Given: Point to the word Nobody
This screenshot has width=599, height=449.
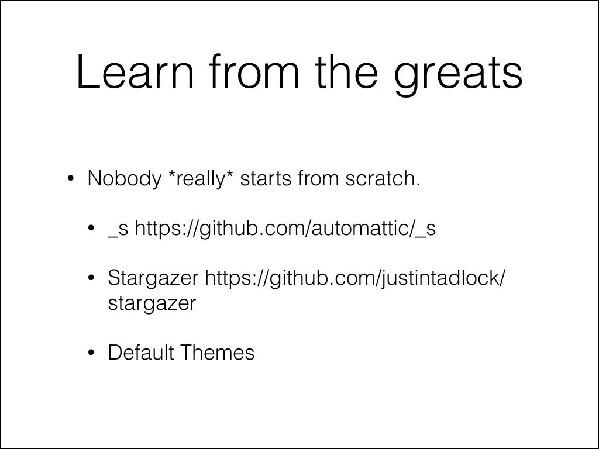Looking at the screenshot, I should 123,179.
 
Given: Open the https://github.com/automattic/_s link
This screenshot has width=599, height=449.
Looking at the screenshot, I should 285,229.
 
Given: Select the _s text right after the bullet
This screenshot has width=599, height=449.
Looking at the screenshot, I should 118,229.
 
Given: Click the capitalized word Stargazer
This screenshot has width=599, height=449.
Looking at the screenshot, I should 153,278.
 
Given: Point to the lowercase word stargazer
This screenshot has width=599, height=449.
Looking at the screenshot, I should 152,303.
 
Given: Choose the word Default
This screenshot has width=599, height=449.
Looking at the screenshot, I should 141,353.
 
